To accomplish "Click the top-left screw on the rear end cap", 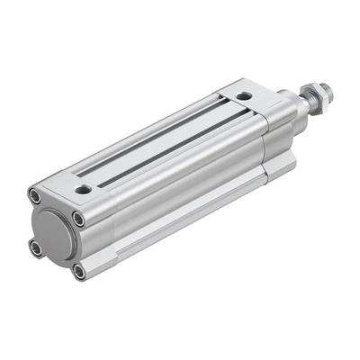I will (x=35, y=195).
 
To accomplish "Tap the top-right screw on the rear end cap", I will (x=79, y=219).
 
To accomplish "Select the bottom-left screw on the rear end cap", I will (x=35, y=247).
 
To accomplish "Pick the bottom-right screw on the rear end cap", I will (x=78, y=270).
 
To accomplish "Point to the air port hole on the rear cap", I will (x=84, y=189).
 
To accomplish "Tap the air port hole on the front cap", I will (x=244, y=94).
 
